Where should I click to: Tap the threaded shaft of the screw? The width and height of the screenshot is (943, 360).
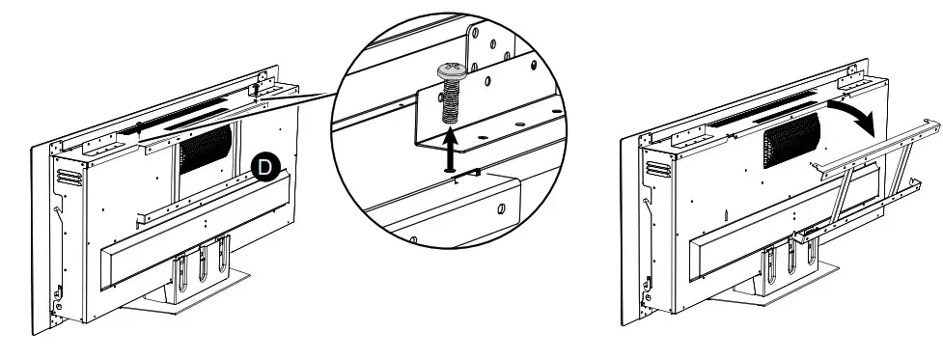click(x=451, y=100)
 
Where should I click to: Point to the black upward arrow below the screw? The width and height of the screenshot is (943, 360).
click(x=451, y=151)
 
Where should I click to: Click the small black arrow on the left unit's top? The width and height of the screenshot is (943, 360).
click(x=139, y=126)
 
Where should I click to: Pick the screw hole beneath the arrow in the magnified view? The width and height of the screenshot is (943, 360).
click(x=451, y=172)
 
